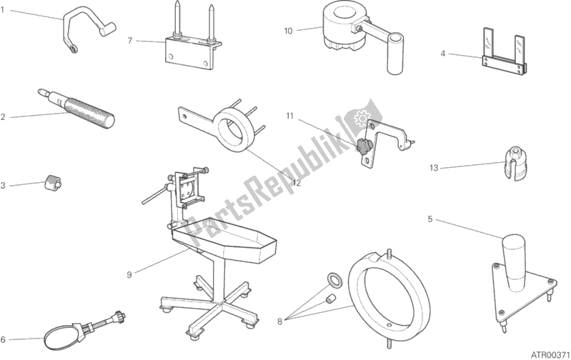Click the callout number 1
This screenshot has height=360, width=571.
click(2, 10)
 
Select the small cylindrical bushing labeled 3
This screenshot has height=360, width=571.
click(53, 181)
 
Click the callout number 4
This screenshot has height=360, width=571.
click(442, 54)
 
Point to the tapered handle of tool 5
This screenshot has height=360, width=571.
click(514, 262)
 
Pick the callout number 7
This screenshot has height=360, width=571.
click(129, 41)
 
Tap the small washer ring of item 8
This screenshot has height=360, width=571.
click(334, 279)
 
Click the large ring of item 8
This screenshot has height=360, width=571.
click(389, 296)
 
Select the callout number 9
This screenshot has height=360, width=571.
click(129, 275)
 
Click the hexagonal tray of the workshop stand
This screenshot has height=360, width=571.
click(224, 241)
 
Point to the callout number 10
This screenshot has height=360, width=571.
click(288, 31)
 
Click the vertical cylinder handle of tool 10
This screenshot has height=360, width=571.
click(395, 54)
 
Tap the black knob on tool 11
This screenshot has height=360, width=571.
click(362, 146)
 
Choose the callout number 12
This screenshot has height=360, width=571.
click(297, 183)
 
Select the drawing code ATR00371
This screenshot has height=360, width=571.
click(550, 354)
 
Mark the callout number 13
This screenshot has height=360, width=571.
click(434, 168)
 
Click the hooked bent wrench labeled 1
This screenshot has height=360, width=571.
click(87, 26)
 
